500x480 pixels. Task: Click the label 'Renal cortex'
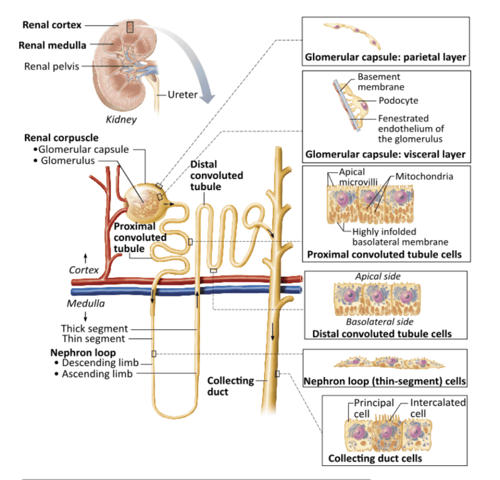point(51,24)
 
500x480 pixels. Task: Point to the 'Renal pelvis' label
point(51,66)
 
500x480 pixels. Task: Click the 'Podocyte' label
point(398,100)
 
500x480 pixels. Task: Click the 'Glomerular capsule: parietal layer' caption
point(385,58)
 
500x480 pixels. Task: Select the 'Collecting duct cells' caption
point(375,458)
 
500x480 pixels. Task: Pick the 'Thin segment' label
point(93,338)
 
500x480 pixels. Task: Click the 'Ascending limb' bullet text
point(97,373)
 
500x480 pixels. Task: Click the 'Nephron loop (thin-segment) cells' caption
point(385,381)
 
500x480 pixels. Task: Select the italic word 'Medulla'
point(86,303)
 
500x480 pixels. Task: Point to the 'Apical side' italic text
point(377,276)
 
